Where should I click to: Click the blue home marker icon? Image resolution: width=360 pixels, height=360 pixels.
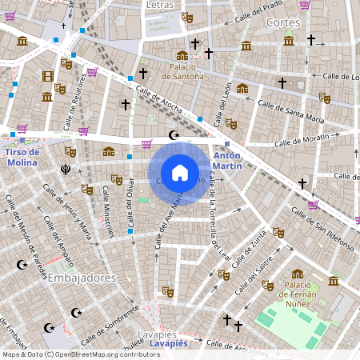tap(180, 173)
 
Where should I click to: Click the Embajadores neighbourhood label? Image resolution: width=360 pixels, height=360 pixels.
tap(82, 278)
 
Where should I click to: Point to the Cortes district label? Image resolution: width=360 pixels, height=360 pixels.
tap(283, 22)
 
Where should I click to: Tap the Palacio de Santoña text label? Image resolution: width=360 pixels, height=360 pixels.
tap(182, 71)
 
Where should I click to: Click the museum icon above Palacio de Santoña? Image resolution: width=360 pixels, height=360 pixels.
tap(182, 55)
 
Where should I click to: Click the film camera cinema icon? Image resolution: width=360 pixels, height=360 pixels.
tap(48, 77)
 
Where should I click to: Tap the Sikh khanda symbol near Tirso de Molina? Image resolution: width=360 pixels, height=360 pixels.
tap(66, 169)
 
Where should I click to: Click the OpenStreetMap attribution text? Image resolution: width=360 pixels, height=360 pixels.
tap(81, 354)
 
